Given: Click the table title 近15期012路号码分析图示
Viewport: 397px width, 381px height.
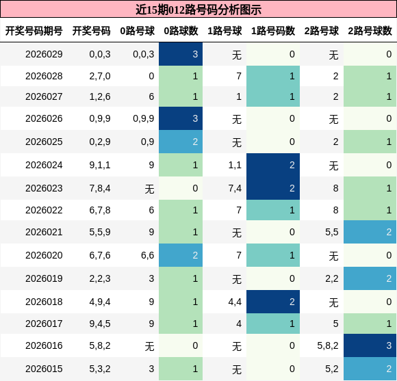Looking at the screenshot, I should [x=198, y=10].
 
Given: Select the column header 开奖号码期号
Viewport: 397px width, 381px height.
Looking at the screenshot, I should [x=34, y=31].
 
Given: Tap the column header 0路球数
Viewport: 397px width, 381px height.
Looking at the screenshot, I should [x=181, y=31].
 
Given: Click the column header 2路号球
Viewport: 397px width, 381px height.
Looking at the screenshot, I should [x=322, y=31].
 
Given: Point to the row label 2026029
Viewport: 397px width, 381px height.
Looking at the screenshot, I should [x=44, y=54].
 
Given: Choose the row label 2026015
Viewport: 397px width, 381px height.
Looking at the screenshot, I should [x=44, y=369].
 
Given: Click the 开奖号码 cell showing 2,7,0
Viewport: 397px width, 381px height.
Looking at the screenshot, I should [x=100, y=76].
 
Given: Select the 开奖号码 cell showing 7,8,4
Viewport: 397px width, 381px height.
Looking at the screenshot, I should [x=100, y=188].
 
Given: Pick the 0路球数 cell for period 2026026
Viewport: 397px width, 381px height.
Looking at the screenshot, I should [x=181, y=118].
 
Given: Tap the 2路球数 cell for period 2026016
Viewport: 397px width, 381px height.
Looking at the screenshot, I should [x=370, y=345].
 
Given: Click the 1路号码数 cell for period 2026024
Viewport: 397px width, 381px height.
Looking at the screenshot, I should [x=273, y=165].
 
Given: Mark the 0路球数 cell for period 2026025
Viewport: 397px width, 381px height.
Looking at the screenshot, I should [x=181, y=142].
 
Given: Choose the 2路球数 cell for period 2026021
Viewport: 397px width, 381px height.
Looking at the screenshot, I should [x=370, y=232].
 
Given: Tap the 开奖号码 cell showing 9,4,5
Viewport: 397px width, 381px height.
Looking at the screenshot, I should [x=100, y=324].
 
